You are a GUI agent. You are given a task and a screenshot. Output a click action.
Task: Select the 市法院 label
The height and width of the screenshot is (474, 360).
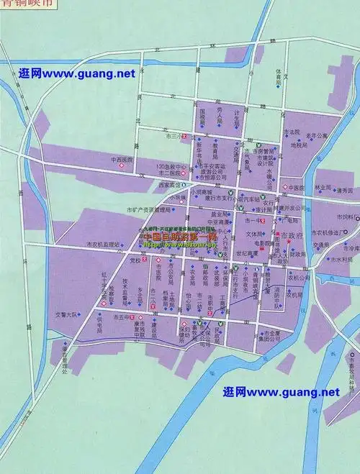(291, 132)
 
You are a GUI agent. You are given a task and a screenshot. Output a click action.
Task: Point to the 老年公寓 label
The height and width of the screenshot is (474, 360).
(315, 135)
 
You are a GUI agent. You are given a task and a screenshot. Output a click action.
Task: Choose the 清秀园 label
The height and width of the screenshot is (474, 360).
(345, 191)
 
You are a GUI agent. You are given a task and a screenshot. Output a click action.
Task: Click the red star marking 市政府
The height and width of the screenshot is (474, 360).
(287, 241)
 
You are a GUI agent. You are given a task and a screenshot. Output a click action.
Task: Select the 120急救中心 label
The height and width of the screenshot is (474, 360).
(171, 166)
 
